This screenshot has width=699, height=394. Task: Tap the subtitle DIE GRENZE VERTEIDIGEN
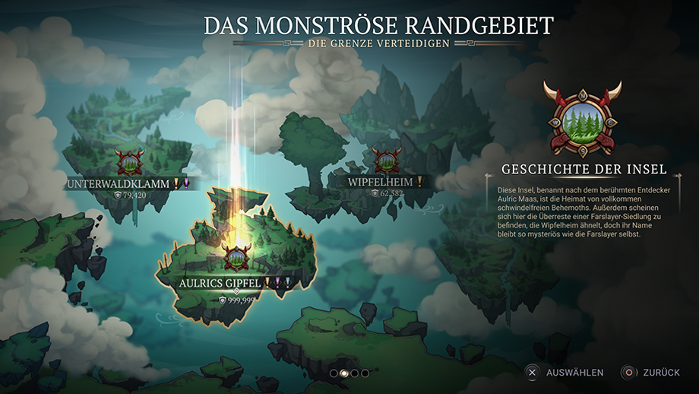click(x=378, y=43)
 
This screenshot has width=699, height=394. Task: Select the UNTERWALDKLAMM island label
click(x=119, y=184)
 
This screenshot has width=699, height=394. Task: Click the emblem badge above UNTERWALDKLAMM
click(x=128, y=162)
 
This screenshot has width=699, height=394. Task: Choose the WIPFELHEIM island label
click(x=380, y=183)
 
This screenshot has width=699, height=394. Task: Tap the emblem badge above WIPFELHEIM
click(x=387, y=160)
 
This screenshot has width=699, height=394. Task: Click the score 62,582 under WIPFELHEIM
click(x=387, y=194)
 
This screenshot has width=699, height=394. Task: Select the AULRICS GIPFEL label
click(x=220, y=283)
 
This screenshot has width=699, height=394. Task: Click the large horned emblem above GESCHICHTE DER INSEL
click(x=582, y=117)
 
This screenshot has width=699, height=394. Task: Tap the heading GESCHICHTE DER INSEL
click(x=584, y=169)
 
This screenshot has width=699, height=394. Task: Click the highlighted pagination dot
click(x=343, y=373)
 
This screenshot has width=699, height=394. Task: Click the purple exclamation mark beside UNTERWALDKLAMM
click(x=185, y=183)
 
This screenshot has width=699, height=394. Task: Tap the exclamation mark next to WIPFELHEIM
click(x=418, y=182)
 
